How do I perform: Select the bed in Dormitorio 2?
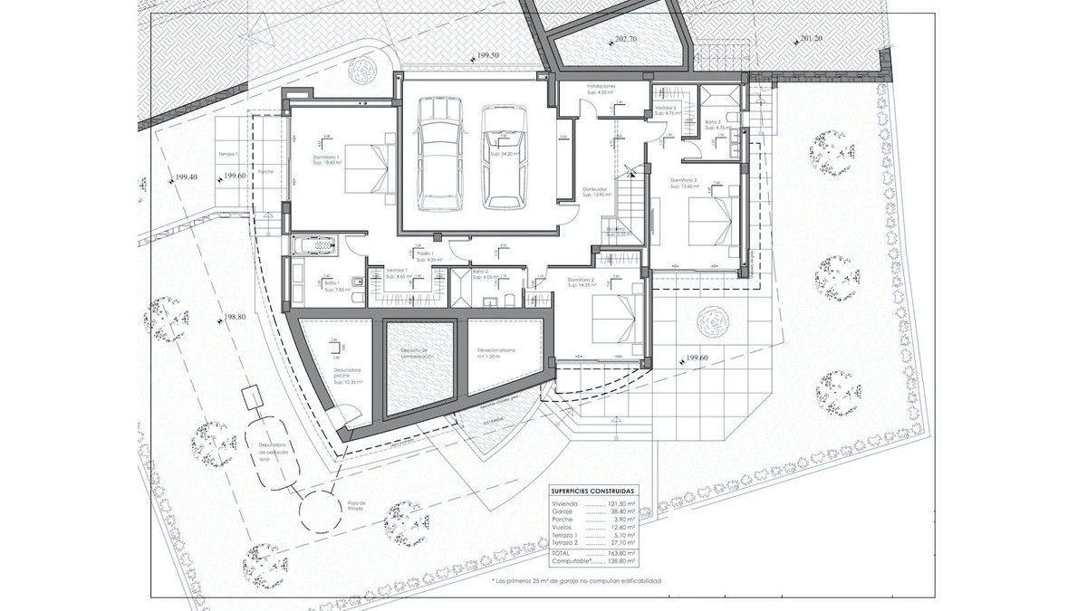[610, 316]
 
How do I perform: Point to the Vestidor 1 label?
[399, 271]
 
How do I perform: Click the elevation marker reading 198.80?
[234, 318]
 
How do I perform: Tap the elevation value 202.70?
[625, 40]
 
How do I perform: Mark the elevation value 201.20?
[811, 40]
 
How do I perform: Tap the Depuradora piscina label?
[347, 373]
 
